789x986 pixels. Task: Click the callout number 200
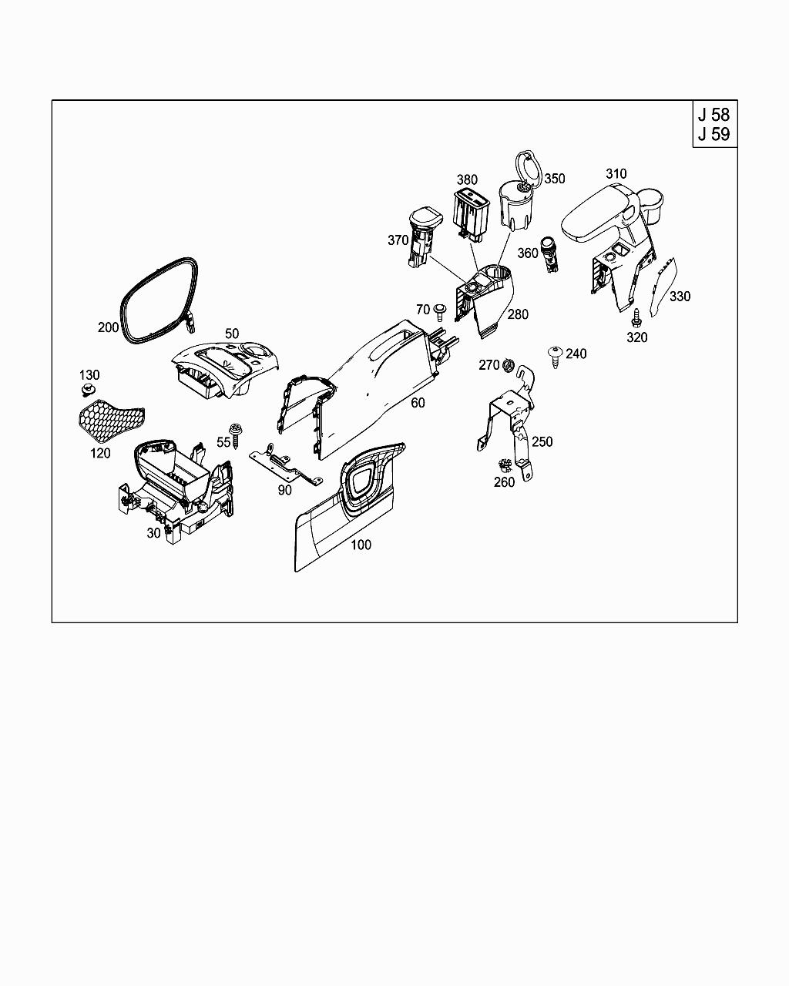pyautogui.click(x=108, y=327)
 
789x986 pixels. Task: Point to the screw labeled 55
pyautogui.click(x=234, y=435)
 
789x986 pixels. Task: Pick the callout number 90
pyautogui.click(x=284, y=490)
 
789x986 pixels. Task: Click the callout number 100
pyautogui.click(x=361, y=545)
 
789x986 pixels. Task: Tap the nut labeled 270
pyautogui.click(x=508, y=364)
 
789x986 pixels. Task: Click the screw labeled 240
pyautogui.click(x=555, y=357)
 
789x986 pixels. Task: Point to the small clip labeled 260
pyautogui.click(x=505, y=465)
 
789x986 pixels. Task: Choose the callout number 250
pyautogui.click(x=542, y=441)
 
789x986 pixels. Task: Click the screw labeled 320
pyautogui.click(x=637, y=317)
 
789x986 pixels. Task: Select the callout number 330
pyautogui.click(x=680, y=297)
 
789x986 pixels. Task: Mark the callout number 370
pyautogui.click(x=398, y=240)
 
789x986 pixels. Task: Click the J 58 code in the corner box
pyautogui.click(x=713, y=115)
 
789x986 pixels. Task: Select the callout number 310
pyautogui.click(x=616, y=174)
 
